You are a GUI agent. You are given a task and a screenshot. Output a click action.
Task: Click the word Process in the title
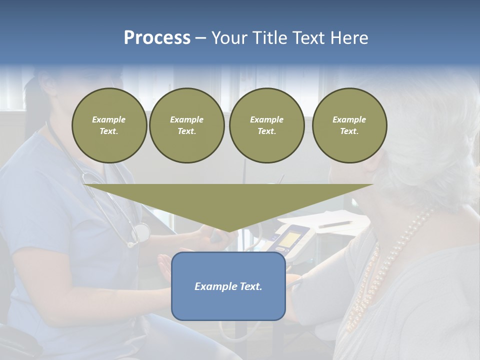point(157,38)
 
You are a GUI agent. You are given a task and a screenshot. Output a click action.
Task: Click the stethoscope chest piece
point(141,232)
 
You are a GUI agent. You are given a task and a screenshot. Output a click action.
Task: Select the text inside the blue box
point(228,286)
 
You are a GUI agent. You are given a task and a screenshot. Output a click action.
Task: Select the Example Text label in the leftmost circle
point(109,125)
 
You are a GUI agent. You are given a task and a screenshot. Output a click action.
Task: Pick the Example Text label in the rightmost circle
point(349,125)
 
